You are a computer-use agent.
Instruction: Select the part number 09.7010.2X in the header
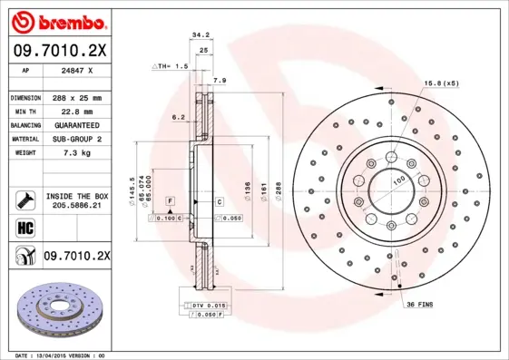coord(60,51)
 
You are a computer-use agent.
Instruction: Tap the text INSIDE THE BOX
coord(76,196)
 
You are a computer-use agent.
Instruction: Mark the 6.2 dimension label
coord(178,116)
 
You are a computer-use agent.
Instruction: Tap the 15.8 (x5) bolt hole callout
coord(441,84)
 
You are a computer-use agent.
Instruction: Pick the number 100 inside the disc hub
coord(397,181)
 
